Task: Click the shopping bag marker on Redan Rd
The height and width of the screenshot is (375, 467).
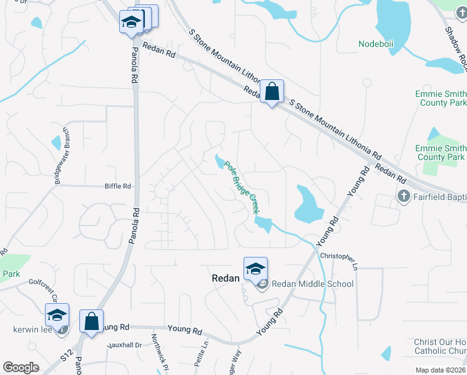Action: tap(272, 92)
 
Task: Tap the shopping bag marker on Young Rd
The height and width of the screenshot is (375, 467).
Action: tap(91, 322)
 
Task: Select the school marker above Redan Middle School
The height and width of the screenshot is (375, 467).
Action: tap(255, 269)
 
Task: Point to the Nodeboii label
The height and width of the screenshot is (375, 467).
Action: tap(376, 44)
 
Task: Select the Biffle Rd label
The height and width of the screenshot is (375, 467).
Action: tap(118, 186)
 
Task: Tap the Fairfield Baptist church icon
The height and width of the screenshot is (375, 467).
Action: tap(404, 197)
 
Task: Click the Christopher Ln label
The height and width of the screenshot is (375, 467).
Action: tap(340, 259)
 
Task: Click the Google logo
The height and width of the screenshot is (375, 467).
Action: tap(21, 367)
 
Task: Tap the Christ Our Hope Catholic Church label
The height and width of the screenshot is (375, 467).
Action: tap(440, 347)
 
